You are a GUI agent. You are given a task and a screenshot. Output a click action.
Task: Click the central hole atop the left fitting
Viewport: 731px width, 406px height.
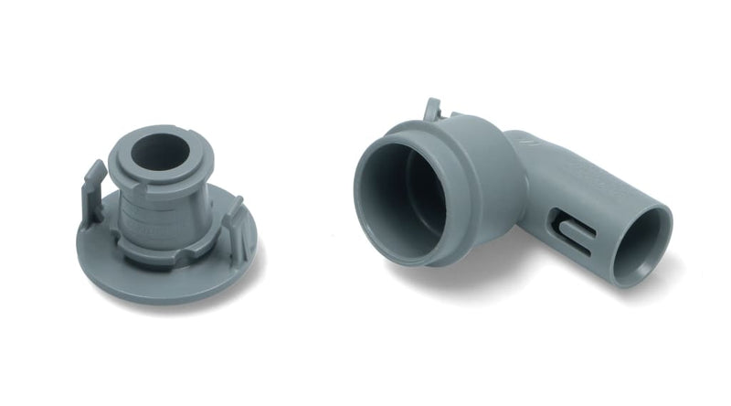160,155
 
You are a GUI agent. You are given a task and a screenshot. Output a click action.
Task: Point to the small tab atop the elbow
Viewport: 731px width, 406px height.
432,110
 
